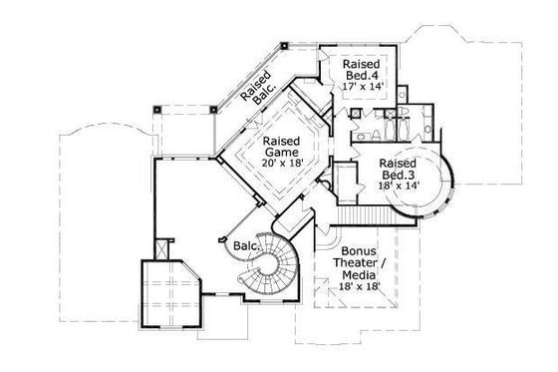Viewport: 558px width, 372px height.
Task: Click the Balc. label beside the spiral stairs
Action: [x=246, y=244]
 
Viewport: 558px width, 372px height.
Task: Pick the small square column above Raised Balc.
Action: [x=283, y=45]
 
